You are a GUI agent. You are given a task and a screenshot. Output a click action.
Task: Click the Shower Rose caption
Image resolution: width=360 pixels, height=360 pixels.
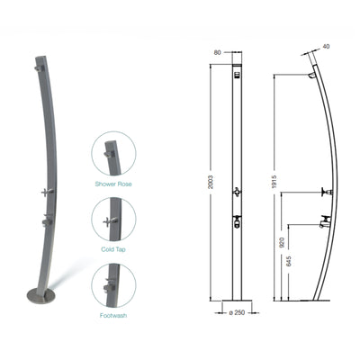click(x=113, y=184)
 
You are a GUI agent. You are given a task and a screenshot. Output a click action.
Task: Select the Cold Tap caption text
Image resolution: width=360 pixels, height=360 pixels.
click(x=113, y=248)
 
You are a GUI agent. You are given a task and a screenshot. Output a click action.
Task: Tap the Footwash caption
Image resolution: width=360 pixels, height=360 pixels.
click(x=113, y=315)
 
